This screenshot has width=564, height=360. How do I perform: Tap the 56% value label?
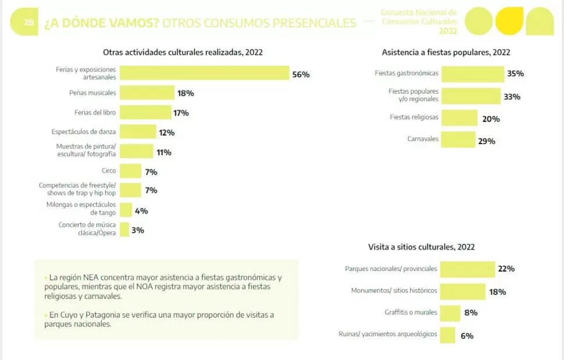click(x=301, y=74)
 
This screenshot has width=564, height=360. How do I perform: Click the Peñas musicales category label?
click(x=92, y=92)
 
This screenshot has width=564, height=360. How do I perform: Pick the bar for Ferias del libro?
click(x=146, y=112)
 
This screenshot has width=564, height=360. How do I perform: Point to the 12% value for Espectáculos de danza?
click(x=166, y=133)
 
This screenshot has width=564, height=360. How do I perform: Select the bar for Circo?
click(x=131, y=171)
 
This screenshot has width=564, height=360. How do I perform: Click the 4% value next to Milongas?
click(x=141, y=211)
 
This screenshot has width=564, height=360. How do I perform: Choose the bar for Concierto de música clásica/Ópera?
click(x=124, y=229)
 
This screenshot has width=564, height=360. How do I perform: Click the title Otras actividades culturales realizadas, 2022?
click(x=183, y=52)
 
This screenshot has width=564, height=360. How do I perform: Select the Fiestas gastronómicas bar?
click(x=472, y=74)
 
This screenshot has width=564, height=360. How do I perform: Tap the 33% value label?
click(x=512, y=97)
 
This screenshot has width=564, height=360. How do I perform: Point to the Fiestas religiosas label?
click(x=414, y=117)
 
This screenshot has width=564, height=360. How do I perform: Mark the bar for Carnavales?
click(x=458, y=140)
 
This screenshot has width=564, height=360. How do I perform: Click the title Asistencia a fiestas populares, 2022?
click(x=446, y=52)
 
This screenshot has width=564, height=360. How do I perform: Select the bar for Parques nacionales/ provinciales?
click(x=467, y=269)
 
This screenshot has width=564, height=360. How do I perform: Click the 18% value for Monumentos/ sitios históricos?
click(x=497, y=292)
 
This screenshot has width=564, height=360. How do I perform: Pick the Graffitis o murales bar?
click(x=450, y=313)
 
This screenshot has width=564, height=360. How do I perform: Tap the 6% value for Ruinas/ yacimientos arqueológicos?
click(x=467, y=336)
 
